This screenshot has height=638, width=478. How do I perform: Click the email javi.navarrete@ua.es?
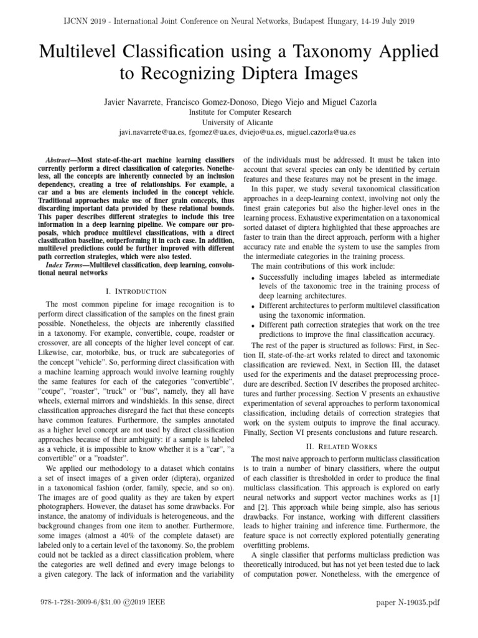coord(152,132)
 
